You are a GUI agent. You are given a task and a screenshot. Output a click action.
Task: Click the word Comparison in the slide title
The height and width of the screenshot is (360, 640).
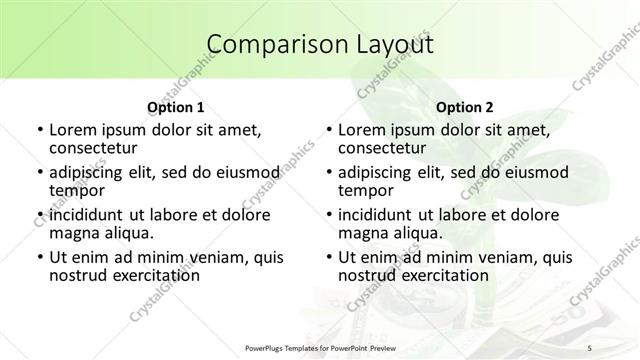coord(267,45)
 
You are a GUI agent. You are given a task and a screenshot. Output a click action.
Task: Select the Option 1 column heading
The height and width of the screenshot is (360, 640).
coord(175,106)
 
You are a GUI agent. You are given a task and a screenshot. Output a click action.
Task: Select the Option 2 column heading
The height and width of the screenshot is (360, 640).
coord(464,106)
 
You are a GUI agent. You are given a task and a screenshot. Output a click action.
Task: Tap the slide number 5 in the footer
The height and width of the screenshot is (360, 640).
coord(590,346)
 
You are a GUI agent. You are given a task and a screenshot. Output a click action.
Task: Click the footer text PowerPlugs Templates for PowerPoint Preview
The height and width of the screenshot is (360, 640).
coord(320,346)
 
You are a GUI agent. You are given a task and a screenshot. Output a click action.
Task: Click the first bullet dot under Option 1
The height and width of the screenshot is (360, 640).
coord(38,130)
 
